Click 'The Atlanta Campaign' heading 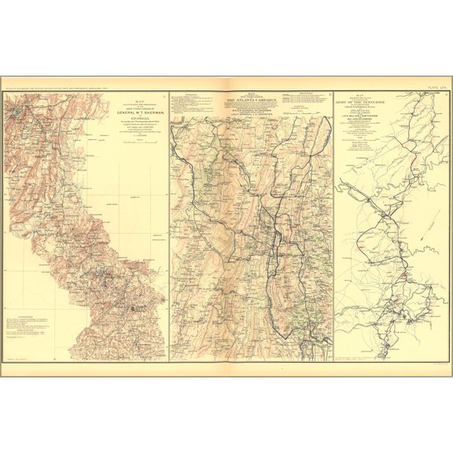(x=249, y=101)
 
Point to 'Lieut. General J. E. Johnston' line (x=249, y=116)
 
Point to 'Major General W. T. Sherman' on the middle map (x=249, y=109)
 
